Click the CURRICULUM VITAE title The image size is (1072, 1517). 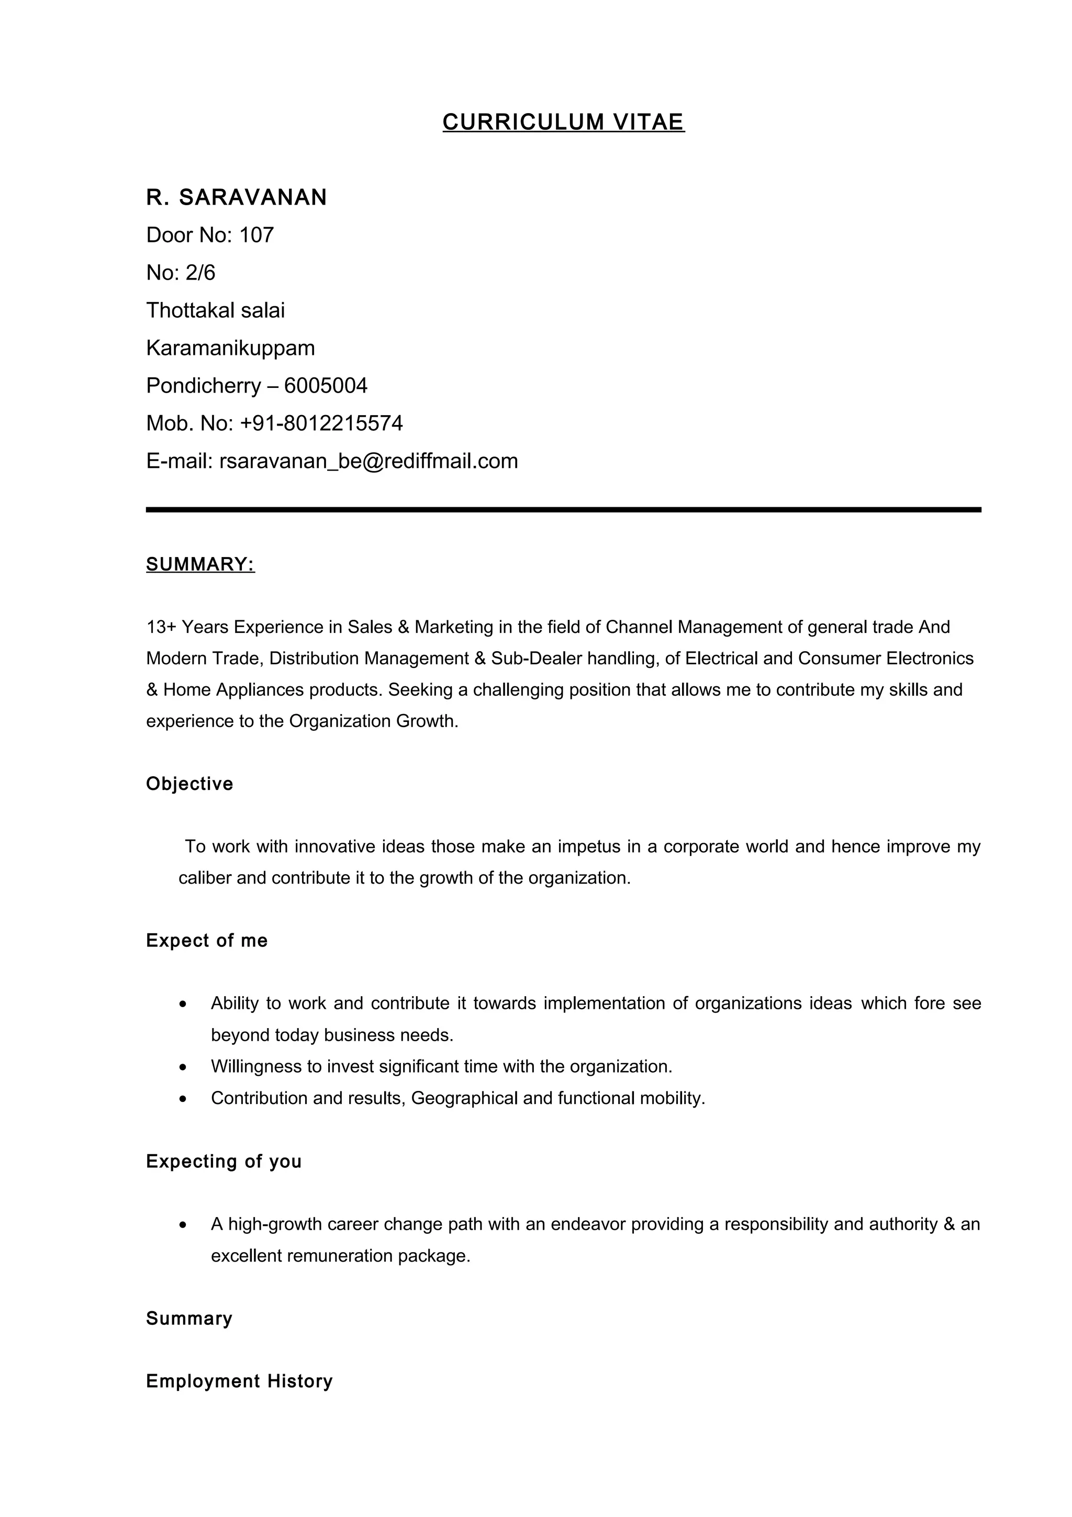(x=563, y=122)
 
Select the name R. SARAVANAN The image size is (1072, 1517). (x=237, y=197)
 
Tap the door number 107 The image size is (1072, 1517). (x=256, y=235)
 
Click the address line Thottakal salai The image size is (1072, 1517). (x=215, y=310)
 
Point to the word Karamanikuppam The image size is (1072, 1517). (x=230, y=348)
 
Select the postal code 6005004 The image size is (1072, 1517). (x=326, y=386)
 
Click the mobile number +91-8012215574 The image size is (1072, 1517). (x=321, y=423)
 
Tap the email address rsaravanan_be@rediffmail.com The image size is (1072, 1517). (x=368, y=461)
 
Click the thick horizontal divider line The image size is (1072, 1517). (x=563, y=510)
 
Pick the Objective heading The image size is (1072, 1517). (x=189, y=784)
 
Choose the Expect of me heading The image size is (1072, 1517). (x=207, y=941)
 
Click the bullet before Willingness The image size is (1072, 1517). (x=183, y=1067)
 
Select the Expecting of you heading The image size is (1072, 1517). (x=224, y=1162)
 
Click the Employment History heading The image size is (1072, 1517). (x=239, y=1381)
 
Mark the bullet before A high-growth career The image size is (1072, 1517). (x=183, y=1225)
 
